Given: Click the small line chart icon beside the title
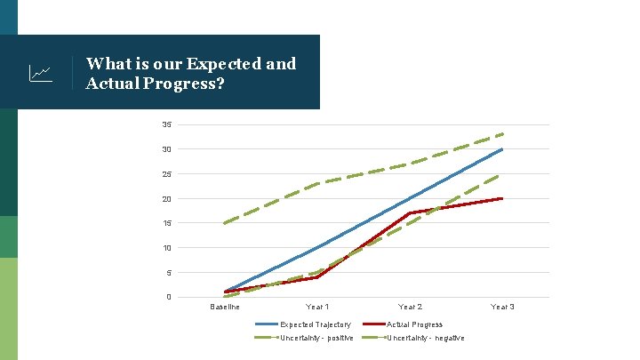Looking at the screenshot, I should [40, 73].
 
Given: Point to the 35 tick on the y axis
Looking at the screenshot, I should [166, 124].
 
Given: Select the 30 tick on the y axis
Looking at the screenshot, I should [166, 149].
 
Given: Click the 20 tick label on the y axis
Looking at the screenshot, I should [166, 199].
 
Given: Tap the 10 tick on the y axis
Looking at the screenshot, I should [166, 248].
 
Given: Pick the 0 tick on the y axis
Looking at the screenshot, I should [168, 297].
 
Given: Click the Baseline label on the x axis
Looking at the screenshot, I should [224, 308].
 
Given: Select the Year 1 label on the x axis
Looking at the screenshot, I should [317, 308].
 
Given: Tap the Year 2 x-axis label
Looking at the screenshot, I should [410, 308].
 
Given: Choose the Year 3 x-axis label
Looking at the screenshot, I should [502, 308].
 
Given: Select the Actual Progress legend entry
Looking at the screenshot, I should [414, 324].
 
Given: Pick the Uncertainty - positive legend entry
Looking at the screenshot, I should [316, 338].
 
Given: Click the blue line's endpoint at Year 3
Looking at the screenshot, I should [502, 149].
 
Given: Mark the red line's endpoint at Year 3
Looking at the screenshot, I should [502, 198].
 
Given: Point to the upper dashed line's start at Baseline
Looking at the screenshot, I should [225, 223].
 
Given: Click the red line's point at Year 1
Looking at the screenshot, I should [317, 277].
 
